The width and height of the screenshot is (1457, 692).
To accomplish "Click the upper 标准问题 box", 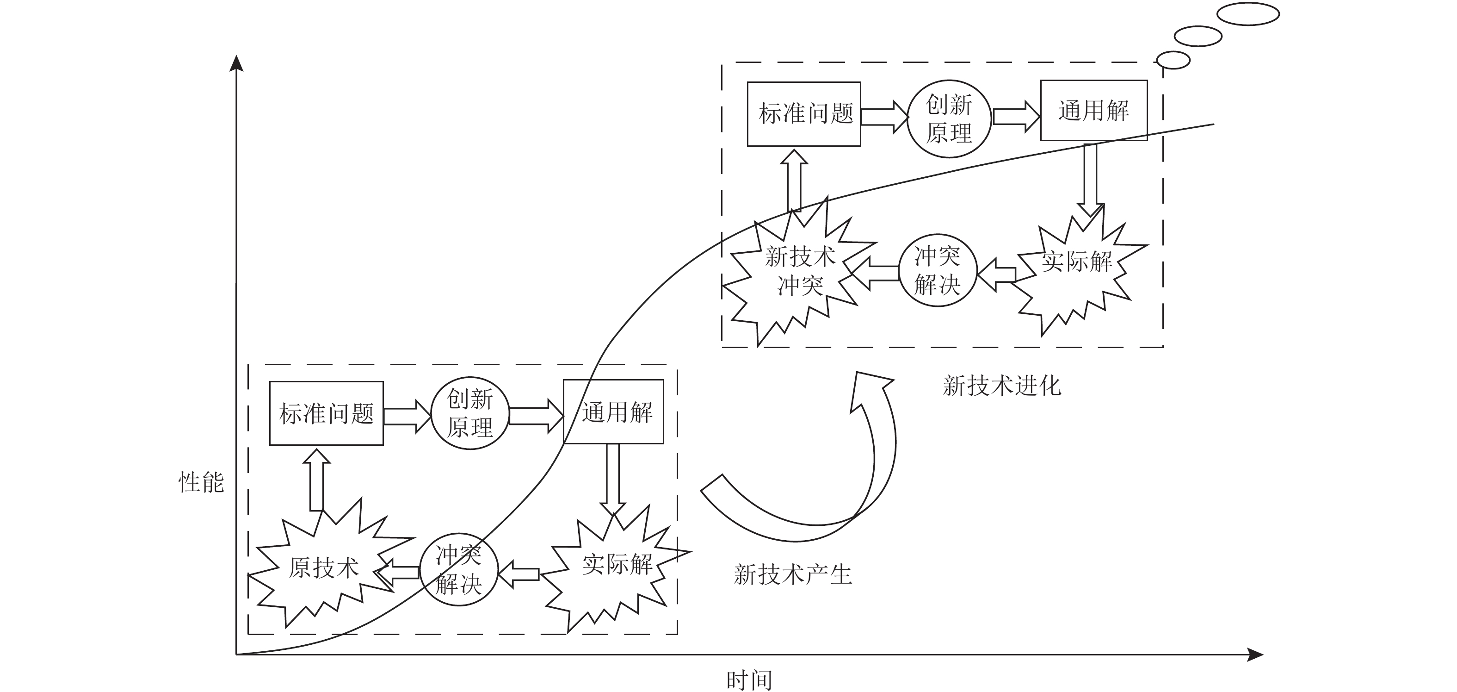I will pyautogui.click(x=804, y=114).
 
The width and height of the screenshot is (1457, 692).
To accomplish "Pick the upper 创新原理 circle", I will pyautogui.click(x=949, y=119).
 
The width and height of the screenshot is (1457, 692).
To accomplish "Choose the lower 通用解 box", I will pyautogui.click(x=614, y=412).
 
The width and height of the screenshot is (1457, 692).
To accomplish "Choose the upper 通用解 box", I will pyautogui.click(x=1094, y=110).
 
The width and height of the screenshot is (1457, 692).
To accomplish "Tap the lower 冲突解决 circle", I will pyautogui.click(x=459, y=570).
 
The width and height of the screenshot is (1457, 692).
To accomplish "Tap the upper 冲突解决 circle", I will pyautogui.click(x=937, y=270).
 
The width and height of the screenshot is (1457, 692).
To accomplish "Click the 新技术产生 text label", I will pyautogui.click(x=792, y=575).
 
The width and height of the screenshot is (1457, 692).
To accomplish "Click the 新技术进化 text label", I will pyautogui.click(x=1002, y=386).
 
